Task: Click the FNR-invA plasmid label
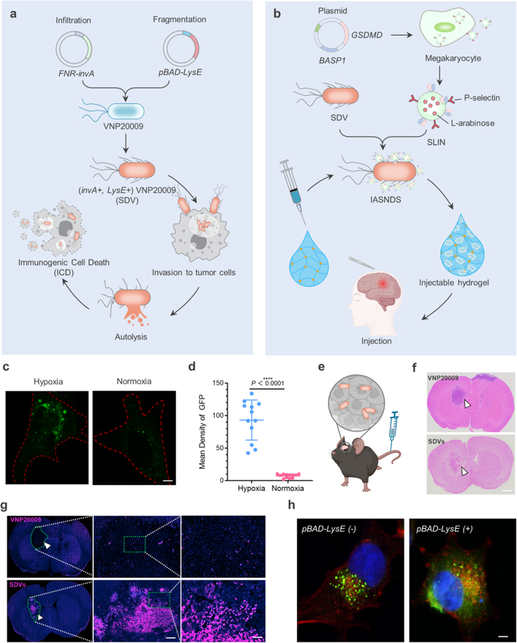(77, 73)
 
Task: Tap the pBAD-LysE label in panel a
(180, 72)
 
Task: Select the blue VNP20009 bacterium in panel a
(126, 111)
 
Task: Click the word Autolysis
(131, 337)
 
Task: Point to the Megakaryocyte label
(453, 58)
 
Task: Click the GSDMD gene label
(366, 35)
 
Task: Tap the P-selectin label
(482, 98)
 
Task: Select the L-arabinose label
(473, 123)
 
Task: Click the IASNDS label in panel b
(386, 200)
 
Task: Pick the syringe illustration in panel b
(294, 191)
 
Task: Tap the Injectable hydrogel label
(454, 282)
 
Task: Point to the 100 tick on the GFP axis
(218, 415)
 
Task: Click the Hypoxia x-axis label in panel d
(252, 489)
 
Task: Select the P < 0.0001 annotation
(267, 383)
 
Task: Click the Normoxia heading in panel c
(134, 381)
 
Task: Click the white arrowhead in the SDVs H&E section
(463, 472)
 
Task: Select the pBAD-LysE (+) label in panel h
(445, 529)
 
